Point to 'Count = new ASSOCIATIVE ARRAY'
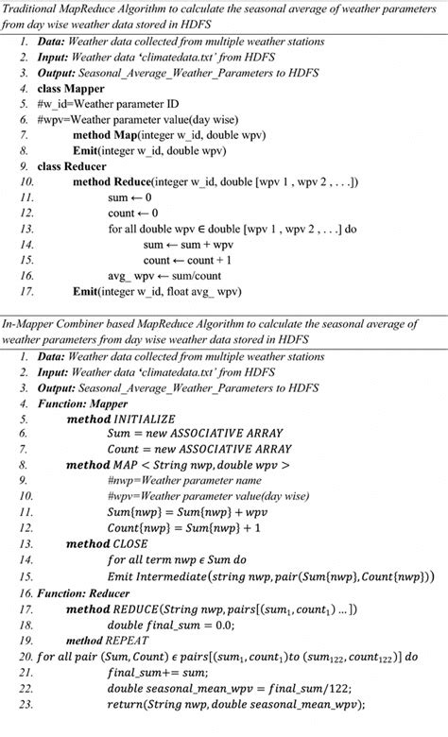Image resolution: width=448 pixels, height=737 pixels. coord(199,450)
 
